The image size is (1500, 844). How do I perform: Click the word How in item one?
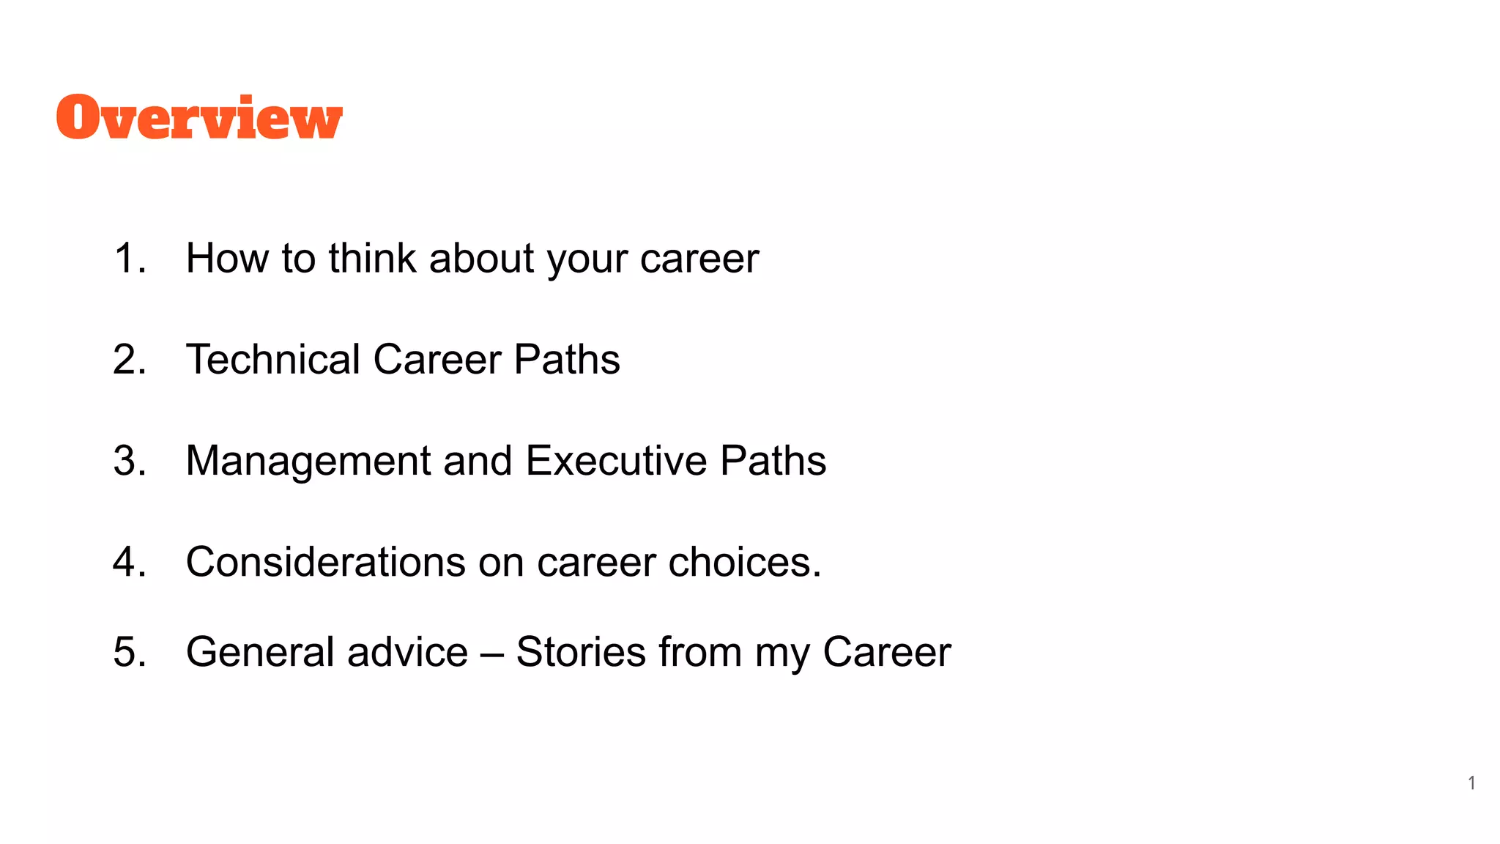pos(226,259)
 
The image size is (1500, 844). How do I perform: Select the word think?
pos(372,259)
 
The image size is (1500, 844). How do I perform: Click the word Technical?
pos(273,360)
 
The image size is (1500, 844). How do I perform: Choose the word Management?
pos(308,461)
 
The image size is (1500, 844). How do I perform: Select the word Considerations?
pos(325,562)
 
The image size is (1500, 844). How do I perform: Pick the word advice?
pos(407,652)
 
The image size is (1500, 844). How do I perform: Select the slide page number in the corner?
pos(1471,783)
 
